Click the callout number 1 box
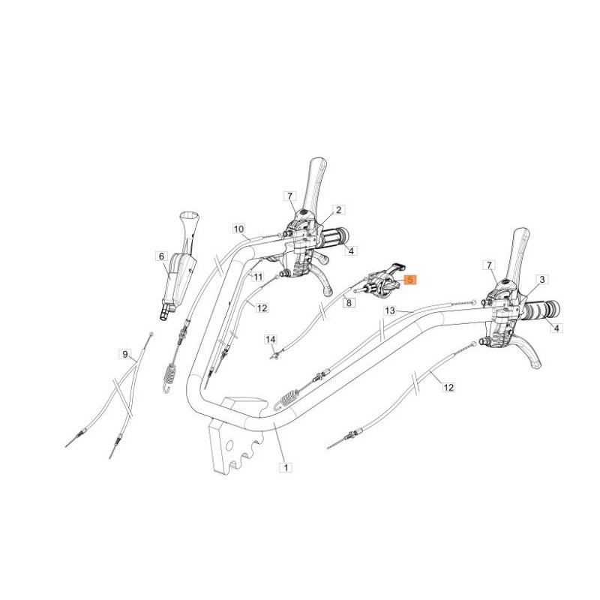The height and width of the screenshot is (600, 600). click(284, 466)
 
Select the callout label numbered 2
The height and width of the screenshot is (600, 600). click(338, 210)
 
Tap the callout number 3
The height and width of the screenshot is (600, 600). click(542, 279)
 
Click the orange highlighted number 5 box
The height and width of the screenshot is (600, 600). click(409, 279)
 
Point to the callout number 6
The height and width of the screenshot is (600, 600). click(160, 256)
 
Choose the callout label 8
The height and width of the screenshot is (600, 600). click(348, 302)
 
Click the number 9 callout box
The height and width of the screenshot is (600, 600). click(125, 353)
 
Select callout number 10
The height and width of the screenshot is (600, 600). click(238, 228)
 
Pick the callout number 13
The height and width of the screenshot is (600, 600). click(389, 310)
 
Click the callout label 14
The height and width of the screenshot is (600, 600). click(271, 340)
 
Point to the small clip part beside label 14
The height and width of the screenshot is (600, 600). click(277, 353)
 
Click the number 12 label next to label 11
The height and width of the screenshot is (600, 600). click(262, 307)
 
